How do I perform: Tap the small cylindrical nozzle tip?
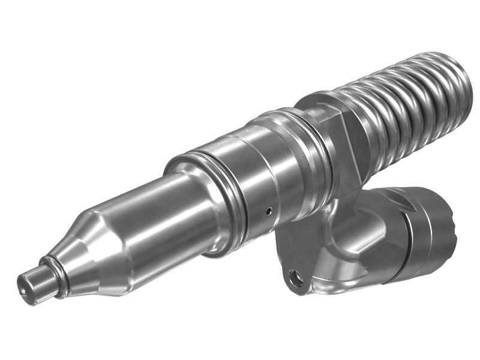click(x=34, y=284)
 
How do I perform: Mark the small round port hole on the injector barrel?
click(x=269, y=210)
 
